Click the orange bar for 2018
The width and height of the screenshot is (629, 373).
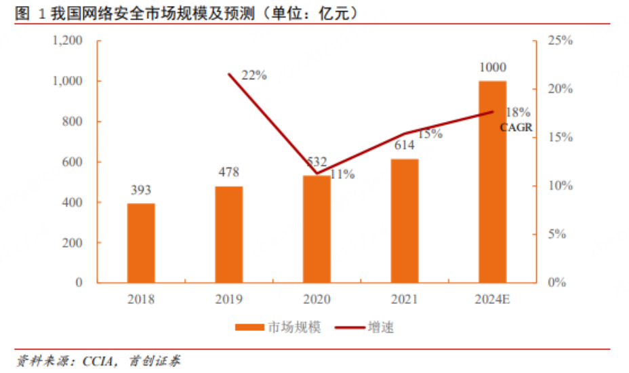coord(141,243)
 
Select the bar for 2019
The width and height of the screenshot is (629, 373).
coord(228,234)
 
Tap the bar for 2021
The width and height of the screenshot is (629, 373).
coord(405,220)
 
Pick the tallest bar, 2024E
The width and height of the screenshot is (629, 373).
coord(492,181)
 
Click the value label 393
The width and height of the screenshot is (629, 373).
coord(141,190)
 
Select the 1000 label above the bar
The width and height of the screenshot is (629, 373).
coord(492,68)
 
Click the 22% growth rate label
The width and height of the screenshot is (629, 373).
coord(254,75)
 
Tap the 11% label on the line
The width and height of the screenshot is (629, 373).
coord(342,174)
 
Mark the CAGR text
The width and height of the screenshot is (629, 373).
coord(516,127)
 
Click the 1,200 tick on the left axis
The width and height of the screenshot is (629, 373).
coord(67,41)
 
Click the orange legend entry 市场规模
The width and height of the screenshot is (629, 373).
coord(278,327)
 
